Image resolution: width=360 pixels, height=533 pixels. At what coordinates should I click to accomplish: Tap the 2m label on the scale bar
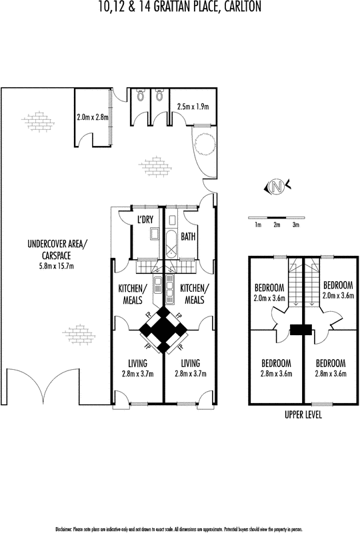(277, 225)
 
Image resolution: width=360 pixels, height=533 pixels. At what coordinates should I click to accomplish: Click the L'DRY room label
(145, 220)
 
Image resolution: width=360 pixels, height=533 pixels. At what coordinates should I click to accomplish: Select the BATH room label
(188, 237)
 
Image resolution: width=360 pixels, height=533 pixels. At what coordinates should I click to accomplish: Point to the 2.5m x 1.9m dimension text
(193, 107)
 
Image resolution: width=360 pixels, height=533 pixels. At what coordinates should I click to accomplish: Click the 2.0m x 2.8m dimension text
(93, 118)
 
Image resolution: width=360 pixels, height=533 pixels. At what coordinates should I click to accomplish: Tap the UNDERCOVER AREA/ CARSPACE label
(57, 249)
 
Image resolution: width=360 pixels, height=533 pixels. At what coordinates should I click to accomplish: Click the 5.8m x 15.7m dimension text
(57, 266)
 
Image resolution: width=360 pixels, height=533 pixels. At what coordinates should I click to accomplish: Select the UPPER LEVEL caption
(303, 414)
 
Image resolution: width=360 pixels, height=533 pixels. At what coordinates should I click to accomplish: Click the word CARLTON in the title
(242, 7)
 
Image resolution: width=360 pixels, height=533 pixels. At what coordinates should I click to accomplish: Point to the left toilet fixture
(140, 95)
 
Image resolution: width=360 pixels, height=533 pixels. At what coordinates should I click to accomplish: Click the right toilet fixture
(159, 95)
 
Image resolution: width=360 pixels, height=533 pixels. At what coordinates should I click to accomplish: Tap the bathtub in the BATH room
(171, 244)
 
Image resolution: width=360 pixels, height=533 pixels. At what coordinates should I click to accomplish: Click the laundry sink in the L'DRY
(154, 234)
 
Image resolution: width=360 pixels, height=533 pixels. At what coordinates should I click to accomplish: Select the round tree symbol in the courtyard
(205, 144)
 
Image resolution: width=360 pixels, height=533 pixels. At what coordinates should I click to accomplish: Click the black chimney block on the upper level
(301, 330)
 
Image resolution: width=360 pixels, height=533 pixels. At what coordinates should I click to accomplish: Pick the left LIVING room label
(138, 363)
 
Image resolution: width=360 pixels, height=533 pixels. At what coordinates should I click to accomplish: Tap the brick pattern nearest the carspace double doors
(79, 334)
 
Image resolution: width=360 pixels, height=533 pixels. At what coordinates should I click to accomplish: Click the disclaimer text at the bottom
(179, 529)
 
